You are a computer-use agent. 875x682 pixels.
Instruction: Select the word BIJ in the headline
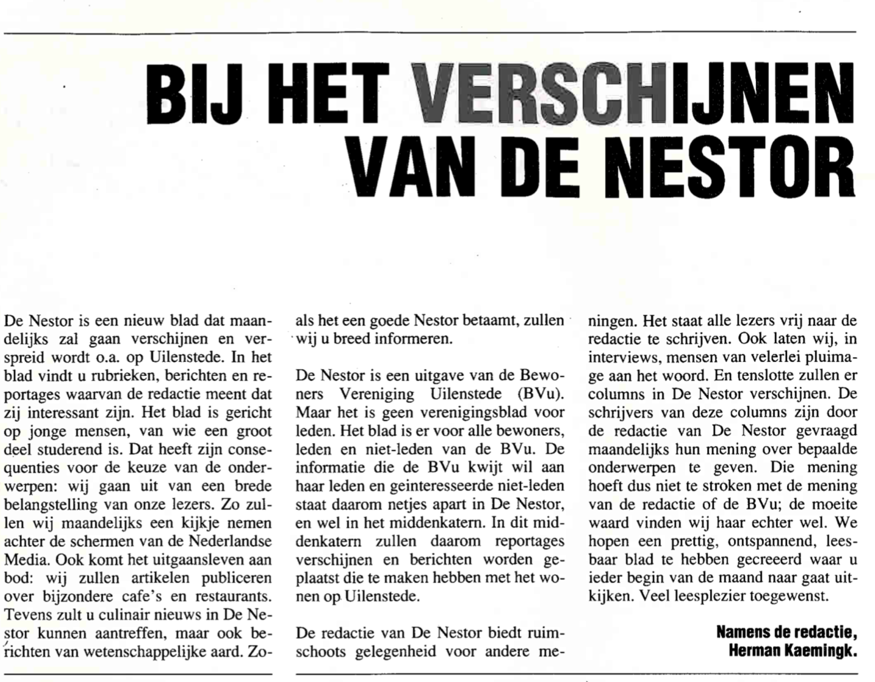coord(195,94)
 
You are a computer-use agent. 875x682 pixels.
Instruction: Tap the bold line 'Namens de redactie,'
coord(786,632)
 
